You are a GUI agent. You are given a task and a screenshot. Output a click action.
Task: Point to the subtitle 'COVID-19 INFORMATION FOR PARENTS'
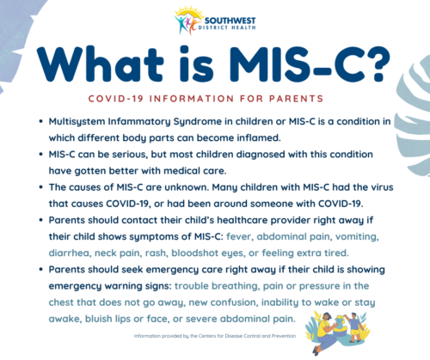(215, 99)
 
